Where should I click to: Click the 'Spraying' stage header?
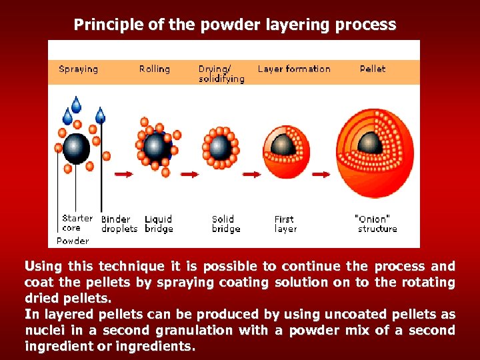(x=78, y=69)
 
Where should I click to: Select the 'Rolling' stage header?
(x=154, y=69)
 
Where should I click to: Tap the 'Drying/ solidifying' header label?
(x=221, y=73)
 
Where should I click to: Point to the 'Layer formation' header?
(x=294, y=69)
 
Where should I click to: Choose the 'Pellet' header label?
(x=373, y=69)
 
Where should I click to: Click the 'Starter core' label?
(x=77, y=223)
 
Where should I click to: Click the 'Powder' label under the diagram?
(x=73, y=241)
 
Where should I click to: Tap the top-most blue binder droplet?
(x=77, y=104)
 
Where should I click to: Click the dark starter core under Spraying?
(x=77, y=148)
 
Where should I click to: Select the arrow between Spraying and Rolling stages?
(x=123, y=175)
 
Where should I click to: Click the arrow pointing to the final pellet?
(x=321, y=175)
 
